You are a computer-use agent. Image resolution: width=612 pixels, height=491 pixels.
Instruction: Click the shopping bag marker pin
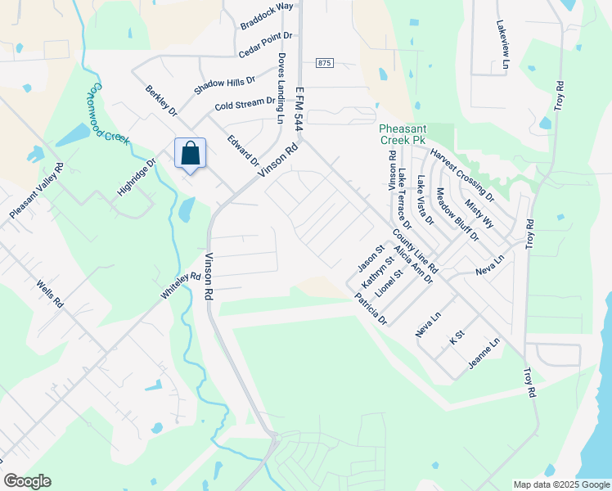[190, 154]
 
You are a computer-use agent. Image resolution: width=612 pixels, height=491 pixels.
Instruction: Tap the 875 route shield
[326, 64]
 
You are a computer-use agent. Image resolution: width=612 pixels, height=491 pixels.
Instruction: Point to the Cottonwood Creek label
[110, 113]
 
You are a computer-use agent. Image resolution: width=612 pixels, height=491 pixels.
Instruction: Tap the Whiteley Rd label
[181, 289]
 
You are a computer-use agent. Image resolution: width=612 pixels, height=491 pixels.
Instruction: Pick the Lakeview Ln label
[502, 45]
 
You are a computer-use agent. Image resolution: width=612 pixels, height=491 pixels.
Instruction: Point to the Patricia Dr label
[370, 309]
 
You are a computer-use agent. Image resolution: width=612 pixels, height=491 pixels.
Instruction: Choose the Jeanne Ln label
[483, 353]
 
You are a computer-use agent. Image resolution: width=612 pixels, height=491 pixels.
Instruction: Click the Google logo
[27, 481]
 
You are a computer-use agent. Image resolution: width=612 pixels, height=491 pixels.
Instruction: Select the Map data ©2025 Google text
[560, 484]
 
